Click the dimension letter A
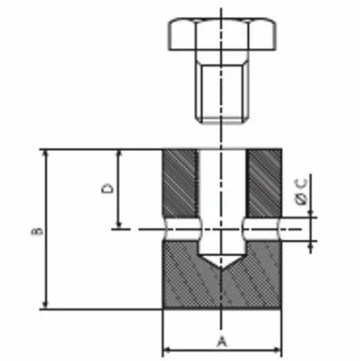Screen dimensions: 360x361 (222, 342)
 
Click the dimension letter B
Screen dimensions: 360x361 (38, 231)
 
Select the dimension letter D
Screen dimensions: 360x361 (107, 189)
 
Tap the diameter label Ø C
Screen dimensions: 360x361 (301, 192)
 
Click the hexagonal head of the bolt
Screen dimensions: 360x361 (222, 34)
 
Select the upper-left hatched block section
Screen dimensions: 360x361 (180, 183)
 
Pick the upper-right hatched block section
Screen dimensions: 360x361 (264, 183)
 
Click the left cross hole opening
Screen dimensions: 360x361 (183, 229)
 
